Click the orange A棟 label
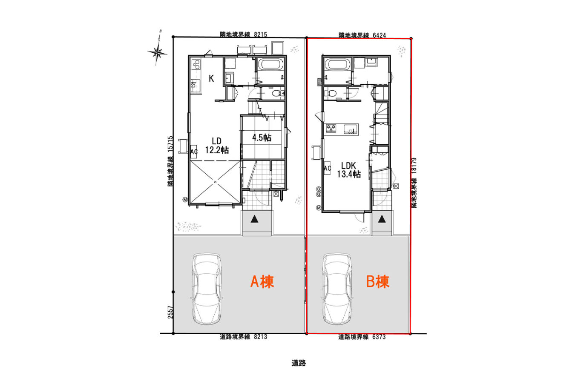(x=262, y=281)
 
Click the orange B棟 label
(x=378, y=281)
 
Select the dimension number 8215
(x=260, y=34)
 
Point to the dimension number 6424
(x=379, y=35)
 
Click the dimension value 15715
(x=170, y=144)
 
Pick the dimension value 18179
(x=414, y=166)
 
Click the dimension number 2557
(x=170, y=312)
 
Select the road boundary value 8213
(x=260, y=337)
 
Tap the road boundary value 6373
(x=379, y=337)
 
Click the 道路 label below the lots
(x=299, y=363)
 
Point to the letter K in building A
(x=211, y=78)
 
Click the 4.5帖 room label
(x=262, y=138)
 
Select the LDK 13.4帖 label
(x=348, y=170)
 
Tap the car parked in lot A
(x=207, y=289)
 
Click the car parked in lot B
(x=337, y=289)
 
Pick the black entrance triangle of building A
(x=254, y=219)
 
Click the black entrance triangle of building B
(x=382, y=219)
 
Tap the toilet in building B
(x=330, y=93)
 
